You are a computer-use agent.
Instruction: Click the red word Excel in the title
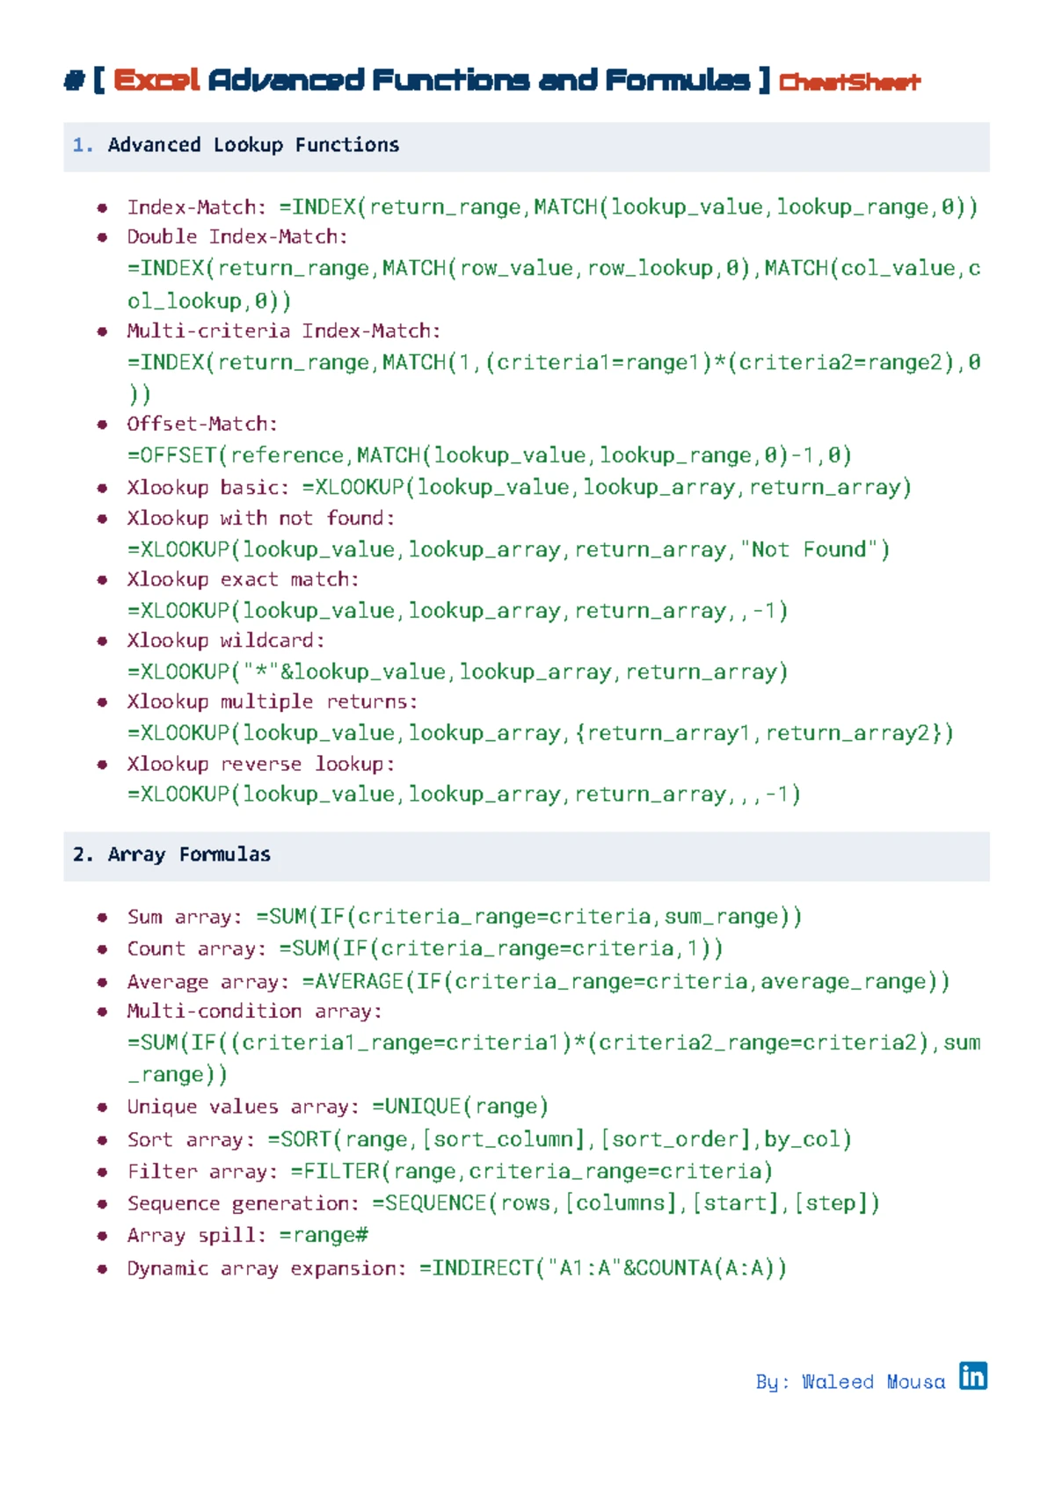click(156, 81)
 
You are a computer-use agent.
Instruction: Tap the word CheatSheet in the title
click(849, 82)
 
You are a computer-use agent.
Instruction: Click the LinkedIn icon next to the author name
click(972, 1376)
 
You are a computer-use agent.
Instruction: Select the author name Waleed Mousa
click(873, 1382)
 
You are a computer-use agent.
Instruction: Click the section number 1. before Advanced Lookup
click(83, 145)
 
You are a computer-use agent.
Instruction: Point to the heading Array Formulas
click(189, 854)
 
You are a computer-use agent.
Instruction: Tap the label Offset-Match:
click(202, 424)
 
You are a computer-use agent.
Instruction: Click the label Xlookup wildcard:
click(226, 640)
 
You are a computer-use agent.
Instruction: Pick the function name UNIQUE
click(423, 1106)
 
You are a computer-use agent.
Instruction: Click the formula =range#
click(324, 1236)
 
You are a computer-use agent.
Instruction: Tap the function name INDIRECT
click(483, 1268)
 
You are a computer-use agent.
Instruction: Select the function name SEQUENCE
click(435, 1203)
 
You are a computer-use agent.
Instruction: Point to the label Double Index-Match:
click(237, 236)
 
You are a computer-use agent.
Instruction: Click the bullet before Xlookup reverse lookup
click(102, 765)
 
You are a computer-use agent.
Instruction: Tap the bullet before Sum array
click(102, 918)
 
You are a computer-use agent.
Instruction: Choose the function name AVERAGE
click(359, 982)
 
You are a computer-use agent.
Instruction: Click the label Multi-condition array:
click(255, 1011)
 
